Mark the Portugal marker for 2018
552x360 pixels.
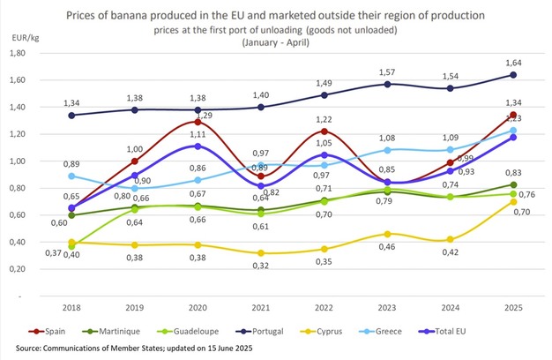click(x=71, y=115)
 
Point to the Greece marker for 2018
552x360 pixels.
click(x=71, y=176)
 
